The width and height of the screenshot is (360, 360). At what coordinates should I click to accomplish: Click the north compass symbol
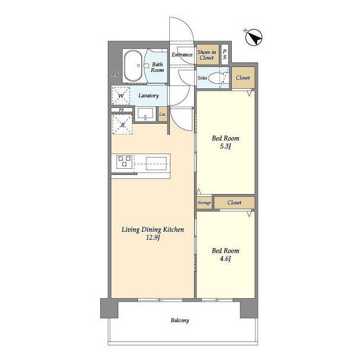(x=254, y=37)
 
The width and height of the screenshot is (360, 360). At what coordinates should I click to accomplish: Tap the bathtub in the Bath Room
(x=133, y=66)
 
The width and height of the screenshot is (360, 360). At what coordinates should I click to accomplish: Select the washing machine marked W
(x=121, y=96)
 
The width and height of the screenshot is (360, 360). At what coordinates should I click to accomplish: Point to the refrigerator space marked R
(x=123, y=125)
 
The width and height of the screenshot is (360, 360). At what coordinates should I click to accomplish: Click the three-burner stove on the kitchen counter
(x=124, y=161)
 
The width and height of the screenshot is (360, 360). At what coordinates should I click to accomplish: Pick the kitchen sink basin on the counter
(x=156, y=163)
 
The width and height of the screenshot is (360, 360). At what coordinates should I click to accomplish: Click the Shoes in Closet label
(x=206, y=55)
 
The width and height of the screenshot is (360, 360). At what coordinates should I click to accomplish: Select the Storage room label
(x=204, y=202)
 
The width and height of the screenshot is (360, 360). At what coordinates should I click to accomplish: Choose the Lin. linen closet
(x=163, y=114)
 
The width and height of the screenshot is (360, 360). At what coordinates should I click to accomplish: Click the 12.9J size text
(x=153, y=237)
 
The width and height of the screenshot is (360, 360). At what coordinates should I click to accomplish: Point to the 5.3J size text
(x=225, y=146)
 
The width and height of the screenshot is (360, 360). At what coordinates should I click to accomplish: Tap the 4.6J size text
(x=225, y=259)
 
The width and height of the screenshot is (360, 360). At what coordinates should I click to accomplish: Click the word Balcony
(x=180, y=320)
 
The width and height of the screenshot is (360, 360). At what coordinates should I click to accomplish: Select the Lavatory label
(x=148, y=96)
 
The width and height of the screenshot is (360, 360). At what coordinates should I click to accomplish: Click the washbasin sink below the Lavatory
(x=146, y=114)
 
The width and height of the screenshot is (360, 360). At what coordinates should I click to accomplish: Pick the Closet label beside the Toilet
(x=243, y=78)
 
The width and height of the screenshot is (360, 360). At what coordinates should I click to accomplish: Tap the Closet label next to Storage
(x=235, y=202)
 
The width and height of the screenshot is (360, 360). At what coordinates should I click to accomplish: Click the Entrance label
(x=182, y=55)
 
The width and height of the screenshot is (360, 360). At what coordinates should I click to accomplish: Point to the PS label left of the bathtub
(x=115, y=75)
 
